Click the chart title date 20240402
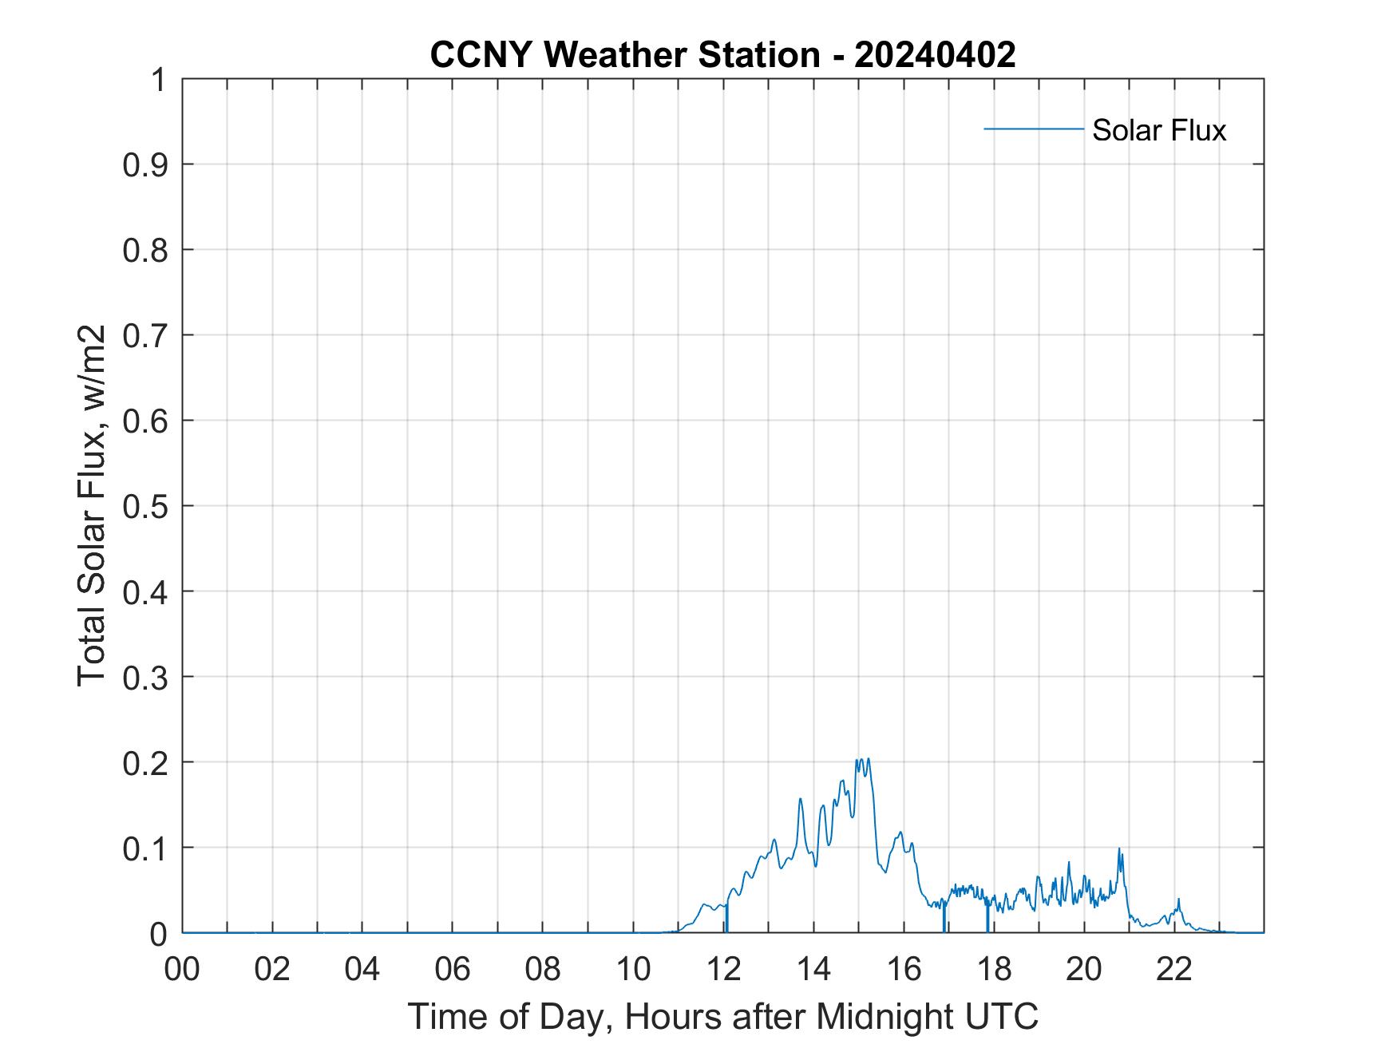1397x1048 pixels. tap(935, 55)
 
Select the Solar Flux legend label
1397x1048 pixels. tap(1158, 129)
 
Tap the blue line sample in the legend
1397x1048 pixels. tap(1033, 129)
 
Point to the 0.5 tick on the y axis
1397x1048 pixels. tap(147, 506)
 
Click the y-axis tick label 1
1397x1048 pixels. tap(158, 80)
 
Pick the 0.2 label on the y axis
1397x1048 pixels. tap(147, 762)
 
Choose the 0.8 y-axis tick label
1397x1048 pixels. tap(147, 250)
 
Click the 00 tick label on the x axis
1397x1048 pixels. tap(182, 969)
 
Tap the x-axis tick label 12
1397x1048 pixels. tap(724, 969)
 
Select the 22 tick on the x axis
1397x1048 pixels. tap(1175, 969)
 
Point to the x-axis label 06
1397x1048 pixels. tap(453, 969)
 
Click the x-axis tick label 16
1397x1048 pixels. tap(904, 969)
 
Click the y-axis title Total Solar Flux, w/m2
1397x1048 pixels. tap(93, 505)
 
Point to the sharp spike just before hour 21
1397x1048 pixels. tap(1119, 850)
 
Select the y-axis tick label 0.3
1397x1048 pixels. tap(147, 677)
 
